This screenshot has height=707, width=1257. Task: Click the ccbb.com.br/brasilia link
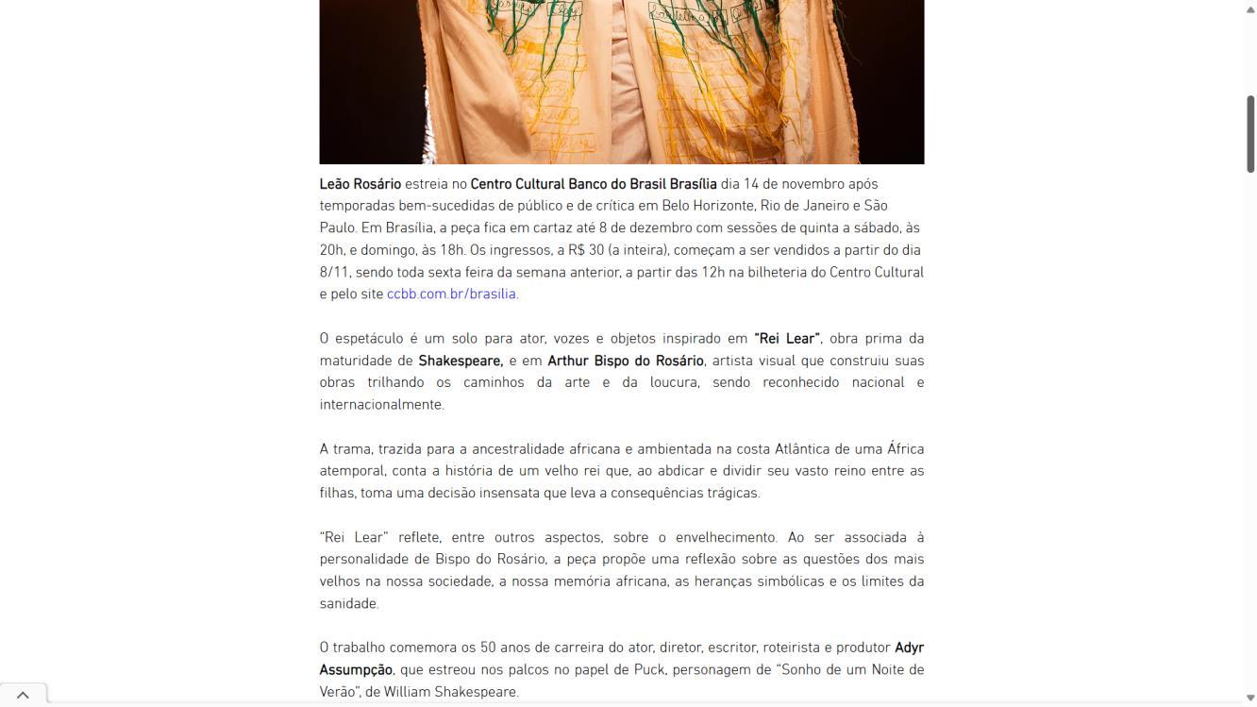(451, 294)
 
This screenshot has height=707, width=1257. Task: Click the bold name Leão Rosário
(360, 184)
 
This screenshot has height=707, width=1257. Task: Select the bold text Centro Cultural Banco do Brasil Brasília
(593, 184)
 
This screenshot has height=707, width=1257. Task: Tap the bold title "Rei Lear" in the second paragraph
(786, 338)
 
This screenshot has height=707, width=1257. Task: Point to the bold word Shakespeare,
(461, 361)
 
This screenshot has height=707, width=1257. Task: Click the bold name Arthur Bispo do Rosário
(625, 361)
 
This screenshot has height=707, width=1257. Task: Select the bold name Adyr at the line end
(909, 648)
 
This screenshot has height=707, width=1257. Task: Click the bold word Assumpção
(355, 669)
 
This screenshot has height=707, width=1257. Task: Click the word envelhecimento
(717, 537)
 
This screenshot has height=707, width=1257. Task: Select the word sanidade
(347, 603)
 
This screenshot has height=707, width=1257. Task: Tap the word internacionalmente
(380, 404)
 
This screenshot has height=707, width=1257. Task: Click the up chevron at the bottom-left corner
(23, 695)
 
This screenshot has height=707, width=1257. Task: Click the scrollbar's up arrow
(1250, 8)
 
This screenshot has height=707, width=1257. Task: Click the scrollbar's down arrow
(1250, 699)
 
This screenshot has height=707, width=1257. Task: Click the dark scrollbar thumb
(1250, 133)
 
